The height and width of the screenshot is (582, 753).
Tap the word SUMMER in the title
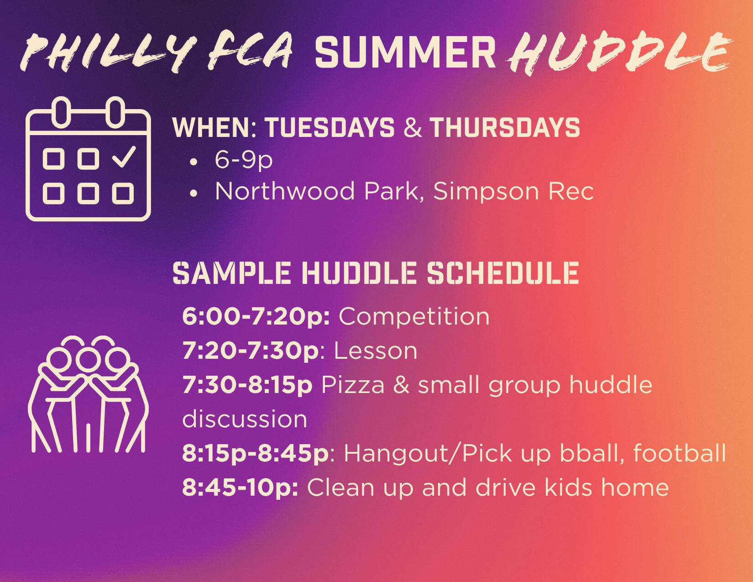(405, 52)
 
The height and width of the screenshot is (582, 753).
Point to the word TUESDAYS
(330, 127)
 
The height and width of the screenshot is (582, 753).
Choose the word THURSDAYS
(505, 127)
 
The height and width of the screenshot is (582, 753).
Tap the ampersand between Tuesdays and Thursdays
(413, 127)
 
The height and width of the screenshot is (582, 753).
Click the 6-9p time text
(244, 160)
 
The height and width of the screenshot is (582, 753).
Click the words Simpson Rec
(513, 191)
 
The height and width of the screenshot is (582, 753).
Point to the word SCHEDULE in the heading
(503, 273)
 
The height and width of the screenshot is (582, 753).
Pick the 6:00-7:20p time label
(256, 317)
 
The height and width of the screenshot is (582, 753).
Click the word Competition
(414, 317)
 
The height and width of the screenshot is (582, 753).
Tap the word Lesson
(375, 351)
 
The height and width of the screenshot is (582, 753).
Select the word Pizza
(353, 385)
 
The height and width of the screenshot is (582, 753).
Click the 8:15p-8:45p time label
(256, 453)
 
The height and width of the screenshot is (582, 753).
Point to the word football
(680, 453)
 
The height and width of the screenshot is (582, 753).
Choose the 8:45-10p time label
(240, 488)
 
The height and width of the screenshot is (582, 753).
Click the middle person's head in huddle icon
(89, 360)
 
